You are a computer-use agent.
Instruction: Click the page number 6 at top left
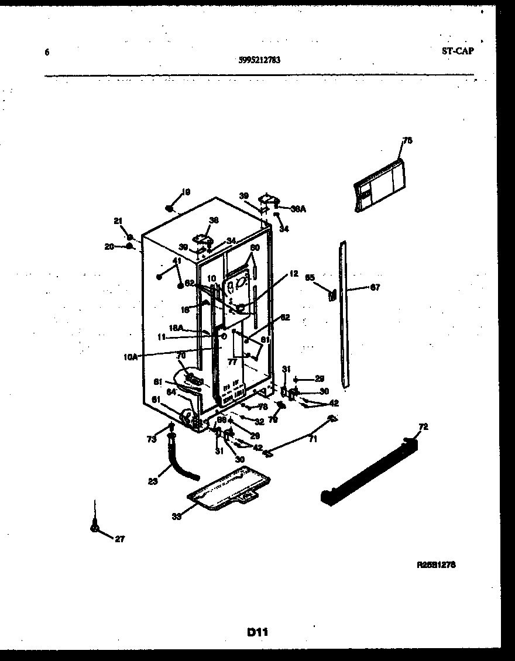pos(46,52)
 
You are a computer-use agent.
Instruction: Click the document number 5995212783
pos(259,59)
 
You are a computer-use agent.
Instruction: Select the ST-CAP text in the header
pos(458,51)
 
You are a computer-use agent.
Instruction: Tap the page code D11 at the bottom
pos(257,632)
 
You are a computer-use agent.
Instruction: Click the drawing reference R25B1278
pos(436,565)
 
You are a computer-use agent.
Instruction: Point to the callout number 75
pos(407,140)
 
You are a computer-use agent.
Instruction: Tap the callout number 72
pos(424,428)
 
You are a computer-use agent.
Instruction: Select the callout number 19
pos(186,192)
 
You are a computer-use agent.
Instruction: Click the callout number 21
pos(118,221)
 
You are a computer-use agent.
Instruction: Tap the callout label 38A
pos(298,208)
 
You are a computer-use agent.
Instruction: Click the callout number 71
pos(313,439)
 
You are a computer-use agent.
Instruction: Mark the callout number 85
pos(310,278)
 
